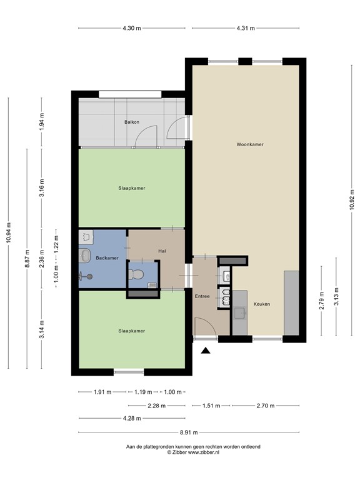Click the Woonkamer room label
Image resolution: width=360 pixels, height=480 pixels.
pos(249,144)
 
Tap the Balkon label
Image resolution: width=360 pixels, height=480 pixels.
pos(131,122)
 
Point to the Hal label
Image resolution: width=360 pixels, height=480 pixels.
pos(162,251)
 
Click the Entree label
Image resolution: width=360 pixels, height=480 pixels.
pos(202,296)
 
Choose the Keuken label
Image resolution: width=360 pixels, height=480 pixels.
pos(261,304)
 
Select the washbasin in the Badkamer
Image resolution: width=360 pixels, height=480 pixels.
pos(86,255)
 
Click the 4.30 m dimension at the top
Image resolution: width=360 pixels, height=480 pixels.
pos(131,28)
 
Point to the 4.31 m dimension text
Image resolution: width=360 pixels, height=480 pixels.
pos(246,28)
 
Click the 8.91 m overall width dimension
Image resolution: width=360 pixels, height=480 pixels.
pos(194,432)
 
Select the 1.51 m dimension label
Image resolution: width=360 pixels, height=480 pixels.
pos(211,406)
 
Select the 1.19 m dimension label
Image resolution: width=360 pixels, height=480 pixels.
pos(144,392)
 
